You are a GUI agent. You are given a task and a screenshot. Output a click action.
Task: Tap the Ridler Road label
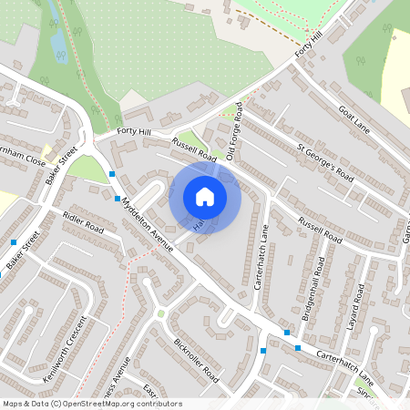pyautogui.click(x=83, y=221)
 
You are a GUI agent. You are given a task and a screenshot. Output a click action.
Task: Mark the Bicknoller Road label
pyautogui.click(x=197, y=361)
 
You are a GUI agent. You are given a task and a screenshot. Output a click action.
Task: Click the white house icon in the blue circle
pyautogui.click(x=205, y=197)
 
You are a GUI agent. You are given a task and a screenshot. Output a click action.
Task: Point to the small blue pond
pyautogui.click(x=59, y=43)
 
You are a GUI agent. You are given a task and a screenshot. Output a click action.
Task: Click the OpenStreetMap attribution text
pyautogui.click(x=91, y=404)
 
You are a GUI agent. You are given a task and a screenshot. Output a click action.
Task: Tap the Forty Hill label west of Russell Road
pyautogui.click(x=132, y=133)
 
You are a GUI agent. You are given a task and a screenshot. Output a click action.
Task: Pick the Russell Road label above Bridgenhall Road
pyautogui.click(x=318, y=231)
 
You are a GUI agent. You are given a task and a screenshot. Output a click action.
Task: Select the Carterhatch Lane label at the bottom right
pyautogui.click(x=346, y=364)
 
